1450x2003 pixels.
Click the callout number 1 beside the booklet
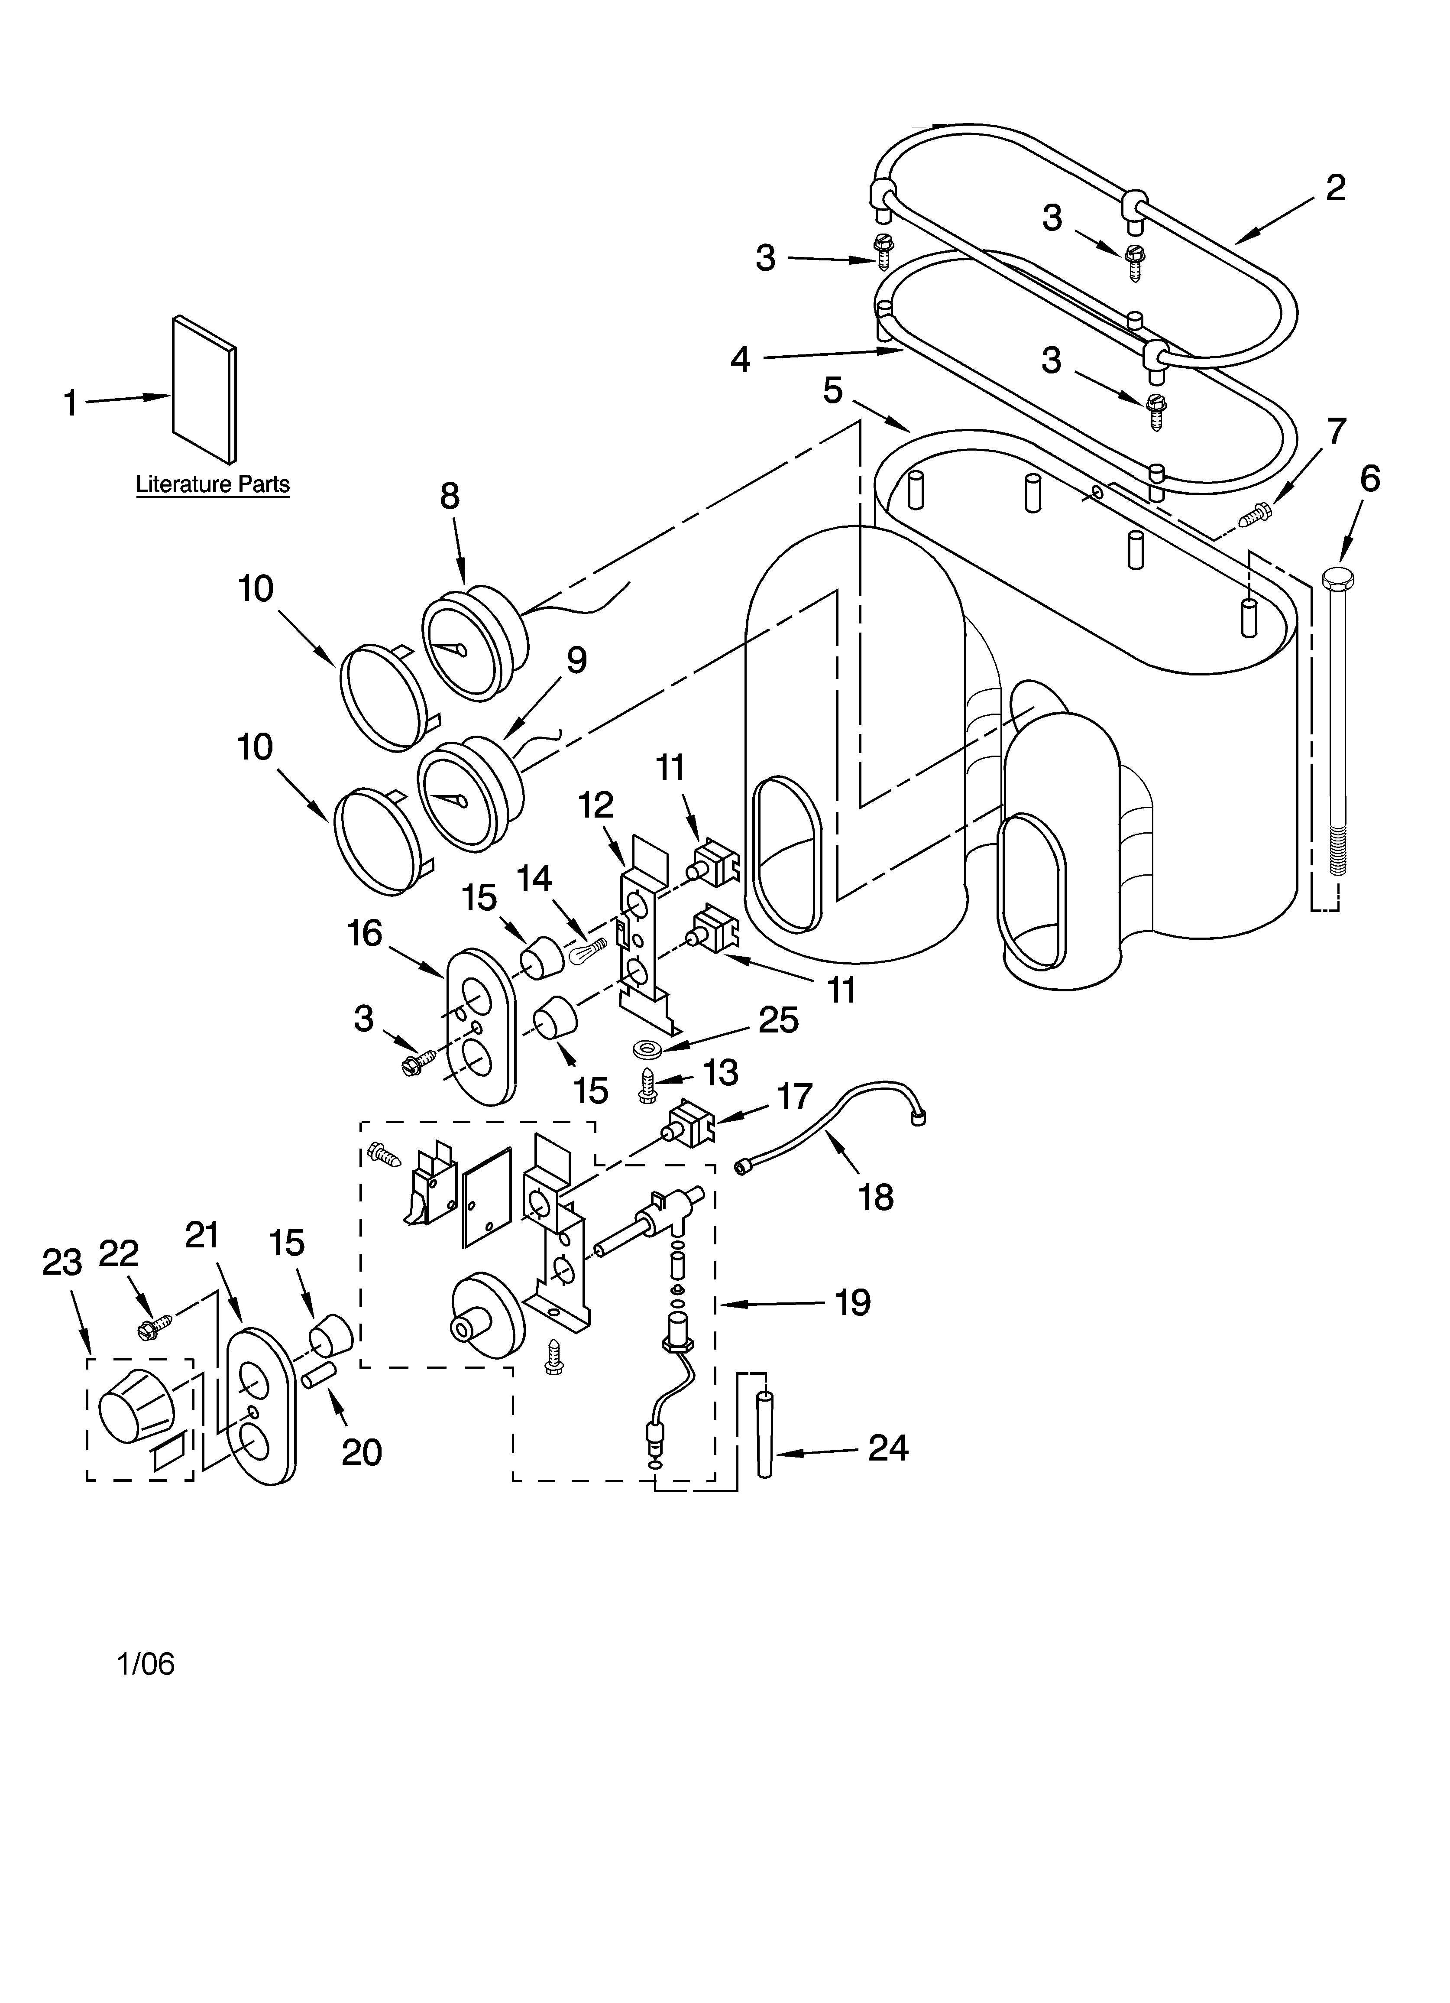(x=71, y=404)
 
